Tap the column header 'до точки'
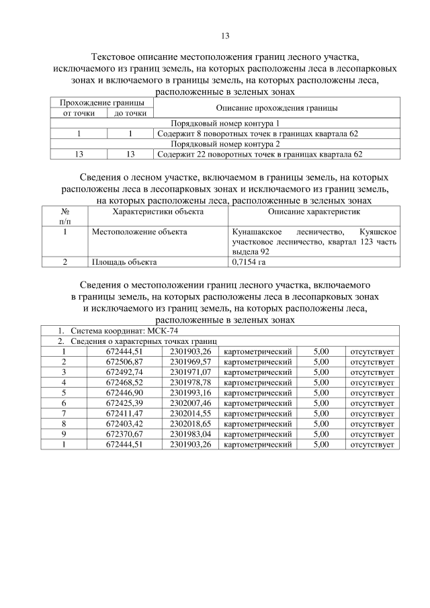[130, 114]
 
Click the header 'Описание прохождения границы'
[276, 108]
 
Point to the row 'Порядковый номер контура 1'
[224, 124]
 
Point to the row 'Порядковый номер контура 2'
[224, 144]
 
